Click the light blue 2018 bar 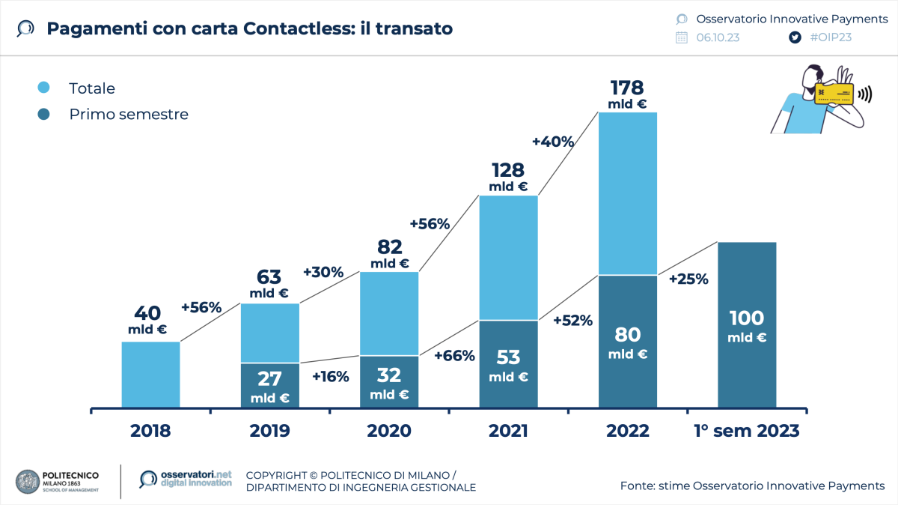[150, 375]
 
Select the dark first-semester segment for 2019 [269, 385]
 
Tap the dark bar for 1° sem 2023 [747, 325]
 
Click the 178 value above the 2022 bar [627, 88]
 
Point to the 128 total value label [508, 170]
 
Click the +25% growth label [688, 279]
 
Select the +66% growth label [454, 356]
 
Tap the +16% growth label [330, 376]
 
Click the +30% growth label [323, 272]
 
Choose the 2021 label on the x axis [508, 431]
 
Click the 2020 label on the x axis [388, 431]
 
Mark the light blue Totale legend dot [43, 88]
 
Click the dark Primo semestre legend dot [43, 115]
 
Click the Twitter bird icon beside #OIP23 [794, 37]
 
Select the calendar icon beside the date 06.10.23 [681, 37]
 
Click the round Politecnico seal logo [28, 481]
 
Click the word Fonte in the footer [638, 486]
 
